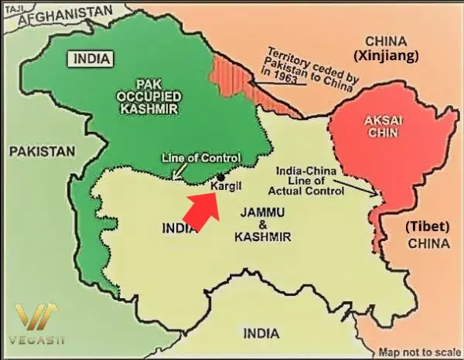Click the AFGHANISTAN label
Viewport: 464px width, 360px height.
tap(64, 13)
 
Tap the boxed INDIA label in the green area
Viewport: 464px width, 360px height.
tap(91, 58)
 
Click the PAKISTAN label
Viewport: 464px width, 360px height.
tap(43, 151)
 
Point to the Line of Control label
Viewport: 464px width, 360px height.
tap(196, 158)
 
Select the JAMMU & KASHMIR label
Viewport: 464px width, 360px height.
tap(264, 225)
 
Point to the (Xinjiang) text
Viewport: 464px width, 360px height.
tap(387, 56)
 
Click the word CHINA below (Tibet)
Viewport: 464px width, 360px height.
tap(428, 243)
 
